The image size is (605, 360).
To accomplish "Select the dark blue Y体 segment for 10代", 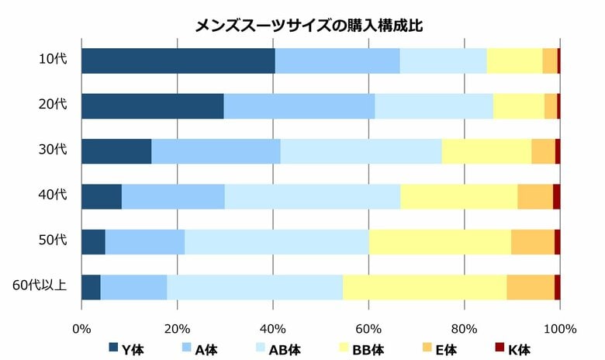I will click(x=178, y=61).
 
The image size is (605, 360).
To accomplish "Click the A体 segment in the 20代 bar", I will click(x=299, y=106).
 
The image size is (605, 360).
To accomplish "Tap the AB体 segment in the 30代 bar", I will click(x=361, y=151).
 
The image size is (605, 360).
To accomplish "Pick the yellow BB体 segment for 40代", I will click(x=458, y=196).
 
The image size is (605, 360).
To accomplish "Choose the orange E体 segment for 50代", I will click(x=533, y=242).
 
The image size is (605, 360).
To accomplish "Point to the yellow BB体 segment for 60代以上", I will click(x=425, y=287).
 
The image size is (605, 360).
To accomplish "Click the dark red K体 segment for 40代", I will click(x=556, y=196).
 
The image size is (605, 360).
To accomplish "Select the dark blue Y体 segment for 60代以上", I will click(x=91, y=287).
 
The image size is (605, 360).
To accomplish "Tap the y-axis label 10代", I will click(x=54, y=61).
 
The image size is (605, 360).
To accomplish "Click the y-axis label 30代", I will click(x=54, y=151).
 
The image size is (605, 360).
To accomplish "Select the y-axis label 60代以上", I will click(x=40, y=287).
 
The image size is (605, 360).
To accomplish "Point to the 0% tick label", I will click(x=81, y=327).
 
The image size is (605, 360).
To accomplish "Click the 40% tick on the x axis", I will click(x=273, y=327).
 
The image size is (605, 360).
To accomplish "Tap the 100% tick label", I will click(x=559, y=327).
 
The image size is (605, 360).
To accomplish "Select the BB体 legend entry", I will click(x=363, y=349).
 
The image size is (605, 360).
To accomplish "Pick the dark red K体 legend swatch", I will click(x=500, y=348).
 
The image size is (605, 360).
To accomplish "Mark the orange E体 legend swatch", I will click(x=423, y=348).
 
